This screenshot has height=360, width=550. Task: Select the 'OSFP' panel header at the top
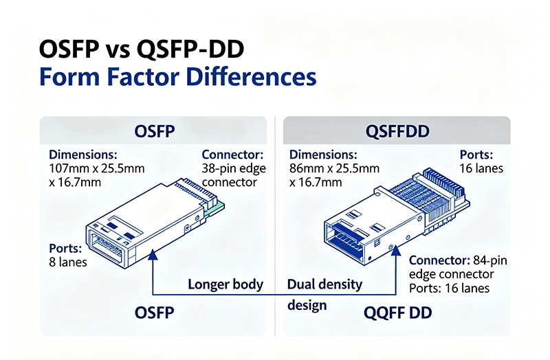click(153, 130)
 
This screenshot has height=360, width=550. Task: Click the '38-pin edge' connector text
click(234, 168)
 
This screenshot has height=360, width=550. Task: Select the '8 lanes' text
click(69, 261)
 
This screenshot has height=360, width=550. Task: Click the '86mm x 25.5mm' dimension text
click(334, 168)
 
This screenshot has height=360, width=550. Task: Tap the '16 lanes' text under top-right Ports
click(481, 168)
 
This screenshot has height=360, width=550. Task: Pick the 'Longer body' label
click(225, 284)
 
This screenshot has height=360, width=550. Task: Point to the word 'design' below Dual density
click(306, 304)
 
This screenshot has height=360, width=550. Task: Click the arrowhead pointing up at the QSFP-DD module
click(397, 251)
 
